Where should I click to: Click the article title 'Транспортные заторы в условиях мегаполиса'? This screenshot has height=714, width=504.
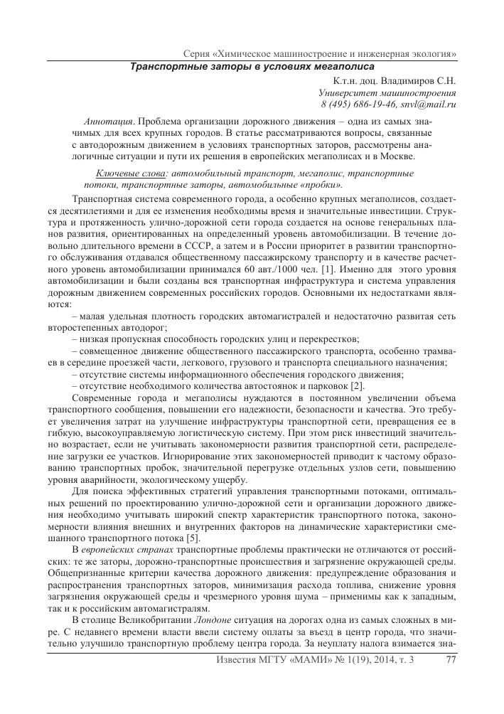252,67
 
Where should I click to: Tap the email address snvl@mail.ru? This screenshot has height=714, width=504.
429,104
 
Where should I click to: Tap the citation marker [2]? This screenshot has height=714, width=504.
355,385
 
